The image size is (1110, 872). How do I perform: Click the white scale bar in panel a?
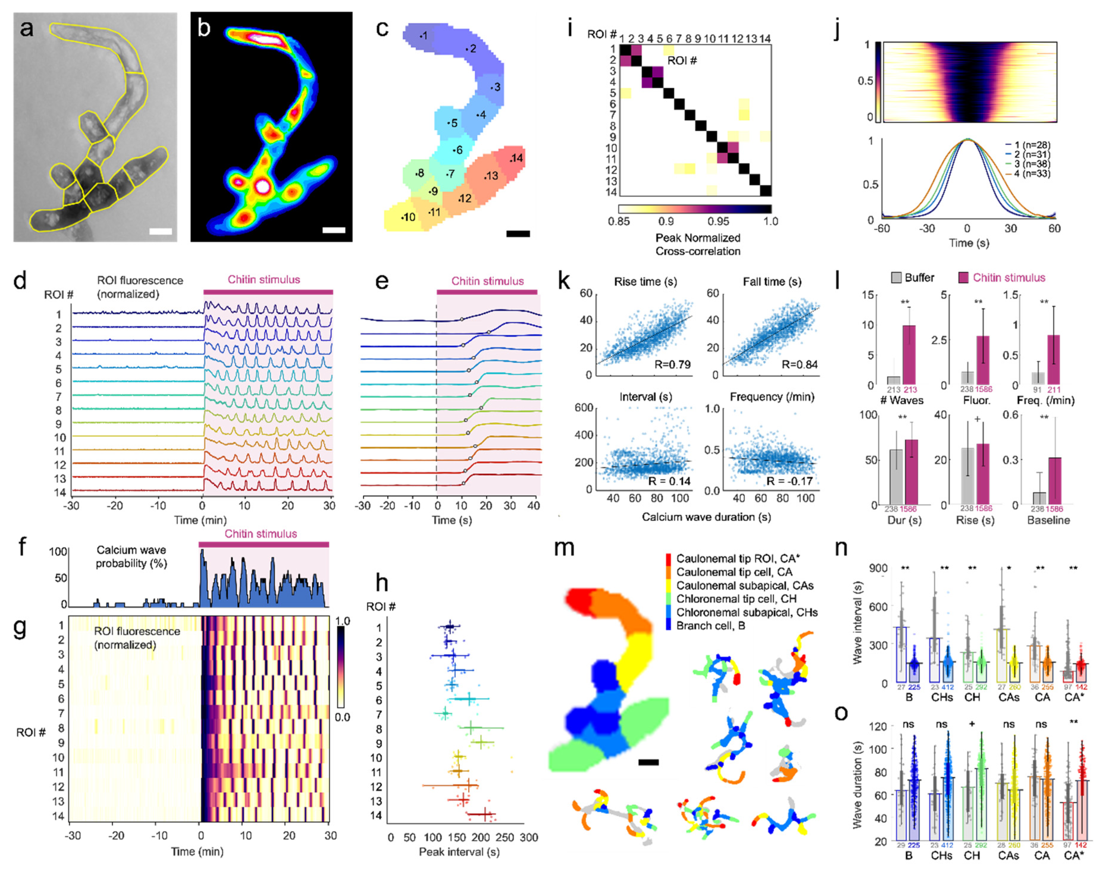tap(160, 231)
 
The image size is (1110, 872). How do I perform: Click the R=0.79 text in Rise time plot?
tap(672, 365)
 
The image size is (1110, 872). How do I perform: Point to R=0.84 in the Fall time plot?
tap(799, 365)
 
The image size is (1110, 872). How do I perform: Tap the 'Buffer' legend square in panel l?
tap(896, 278)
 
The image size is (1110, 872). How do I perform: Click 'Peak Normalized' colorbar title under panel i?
tap(697, 238)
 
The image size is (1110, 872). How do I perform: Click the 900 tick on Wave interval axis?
tap(878, 568)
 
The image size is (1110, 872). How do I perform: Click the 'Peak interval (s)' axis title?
tap(459, 851)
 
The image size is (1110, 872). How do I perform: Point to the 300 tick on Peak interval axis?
tap(529, 837)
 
